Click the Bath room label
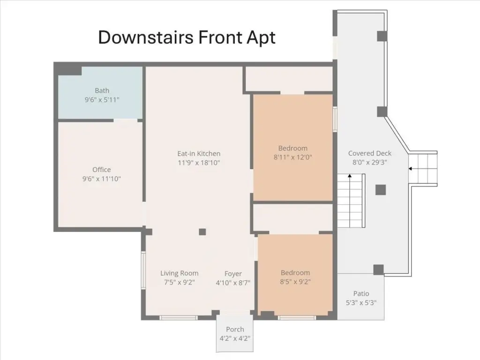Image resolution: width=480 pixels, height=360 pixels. (x=102, y=90)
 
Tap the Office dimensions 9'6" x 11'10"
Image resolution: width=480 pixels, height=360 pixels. (x=102, y=179)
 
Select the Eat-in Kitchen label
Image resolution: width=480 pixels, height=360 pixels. (x=199, y=154)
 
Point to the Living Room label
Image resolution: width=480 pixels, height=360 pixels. (x=180, y=273)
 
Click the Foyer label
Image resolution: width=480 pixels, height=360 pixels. (x=233, y=274)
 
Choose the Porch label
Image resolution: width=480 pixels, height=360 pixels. (x=235, y=330)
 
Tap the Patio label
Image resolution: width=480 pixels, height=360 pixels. (x=361, y=293)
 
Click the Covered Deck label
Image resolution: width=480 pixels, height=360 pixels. (x=370, y=153)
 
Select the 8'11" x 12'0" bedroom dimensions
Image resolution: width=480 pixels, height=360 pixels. (x=293, y=157)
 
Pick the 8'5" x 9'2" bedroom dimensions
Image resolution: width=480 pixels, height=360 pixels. (x=295, y=282)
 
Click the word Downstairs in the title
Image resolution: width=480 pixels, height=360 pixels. (x=146, y=37)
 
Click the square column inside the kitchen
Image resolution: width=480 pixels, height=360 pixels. (x=202, y=232)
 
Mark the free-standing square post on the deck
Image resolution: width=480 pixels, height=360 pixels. (x=381, y=190)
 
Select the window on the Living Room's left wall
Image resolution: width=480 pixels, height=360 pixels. (x=143, y=270)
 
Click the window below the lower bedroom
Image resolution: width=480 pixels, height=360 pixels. (x=297, y=318)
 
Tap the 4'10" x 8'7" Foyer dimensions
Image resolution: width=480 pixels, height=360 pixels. (x=233, y=283)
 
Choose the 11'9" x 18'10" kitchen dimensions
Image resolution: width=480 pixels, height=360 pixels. (x=199, y=163)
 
